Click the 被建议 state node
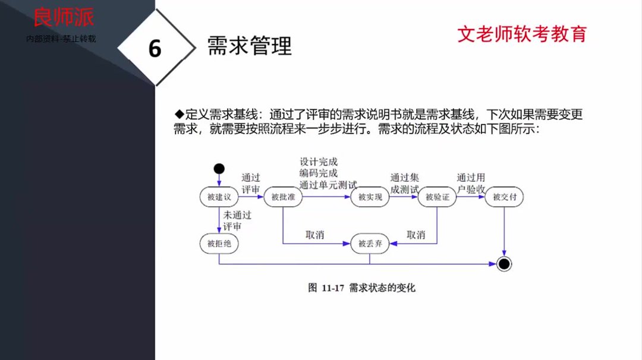pos(219,197)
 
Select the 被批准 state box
pos(283,197)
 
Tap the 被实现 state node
pos(370,197)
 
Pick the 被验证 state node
pos(437,197)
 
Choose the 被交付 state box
pos(504,197)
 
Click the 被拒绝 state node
pos(219,242)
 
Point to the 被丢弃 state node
pos(370,243)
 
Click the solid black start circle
pos(219,168)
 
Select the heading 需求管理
pos(249,46)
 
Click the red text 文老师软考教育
pos(521,34)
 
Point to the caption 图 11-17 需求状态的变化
pos(361,288)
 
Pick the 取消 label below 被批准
pos(315,235)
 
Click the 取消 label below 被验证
pos(416,235)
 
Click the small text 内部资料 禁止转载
pos(61,39)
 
